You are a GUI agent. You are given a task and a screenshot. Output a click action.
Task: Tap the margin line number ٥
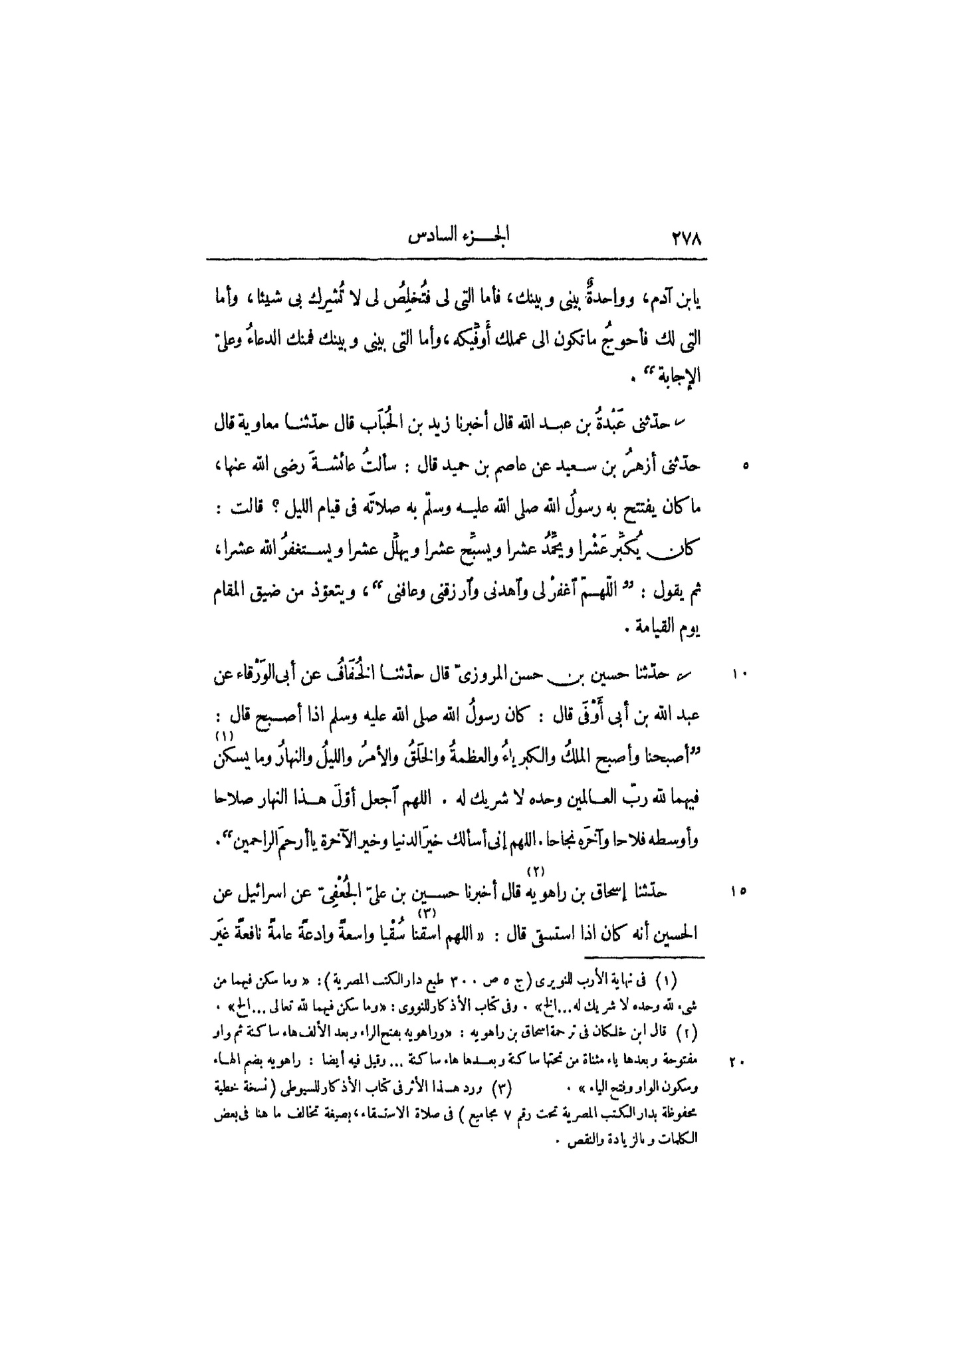(x=746, y=467)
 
